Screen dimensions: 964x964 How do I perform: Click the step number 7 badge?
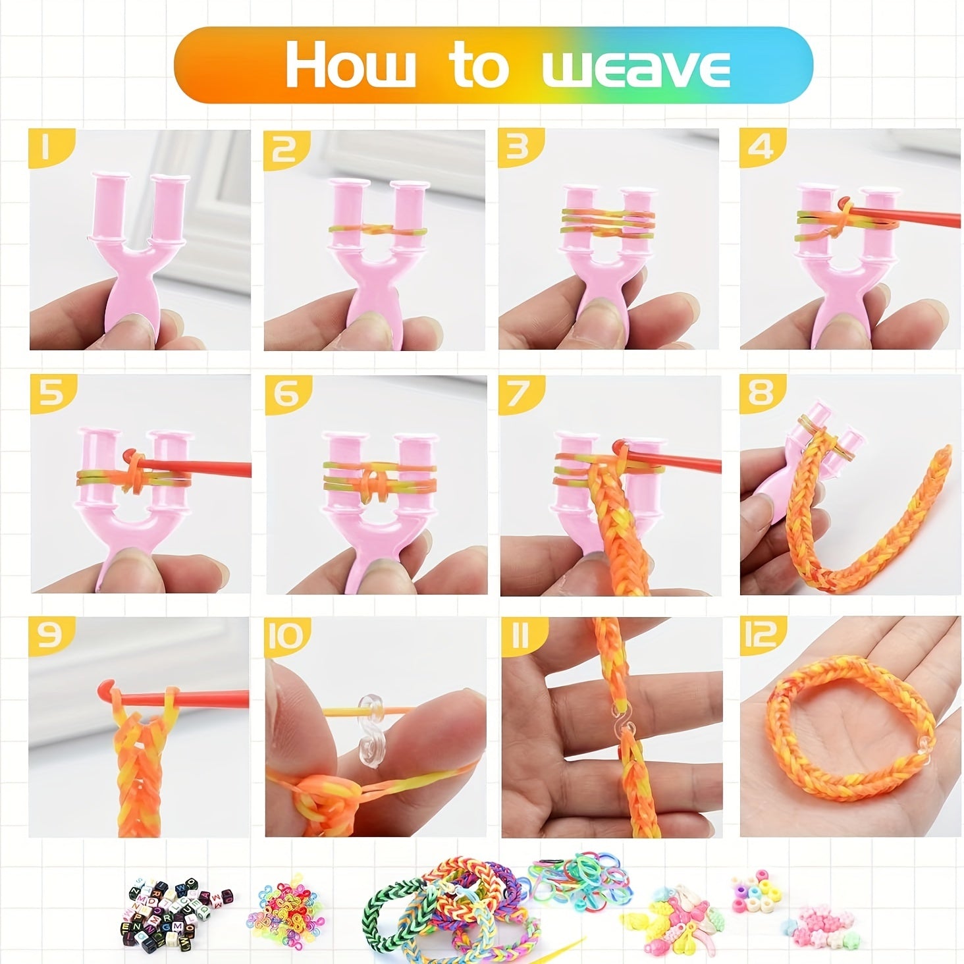coord(521,394)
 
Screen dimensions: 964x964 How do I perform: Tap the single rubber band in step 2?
coord(379,230)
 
